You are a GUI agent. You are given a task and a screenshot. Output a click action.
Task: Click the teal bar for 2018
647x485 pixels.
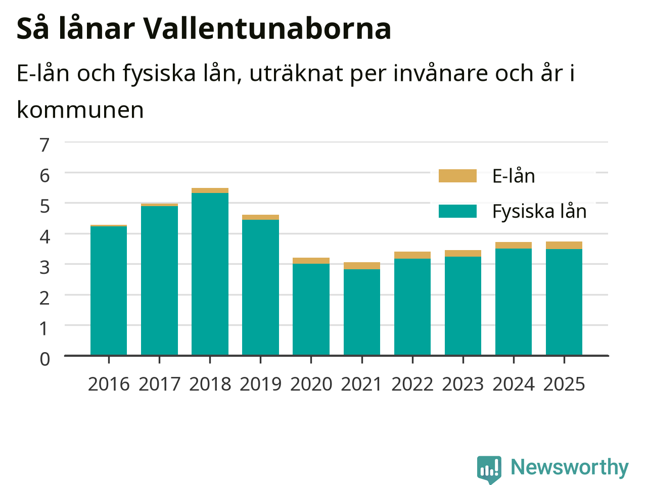[210, 274]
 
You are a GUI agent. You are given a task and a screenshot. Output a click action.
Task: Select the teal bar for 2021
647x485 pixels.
[362, 312]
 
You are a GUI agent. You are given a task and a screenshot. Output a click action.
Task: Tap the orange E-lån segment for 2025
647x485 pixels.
[564, 246]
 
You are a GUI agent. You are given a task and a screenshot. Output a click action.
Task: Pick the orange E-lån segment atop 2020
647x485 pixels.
[311, 261]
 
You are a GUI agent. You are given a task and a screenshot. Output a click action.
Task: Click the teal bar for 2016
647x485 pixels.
[109, 290]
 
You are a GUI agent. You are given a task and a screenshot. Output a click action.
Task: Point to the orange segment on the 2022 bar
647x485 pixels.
[412, 255]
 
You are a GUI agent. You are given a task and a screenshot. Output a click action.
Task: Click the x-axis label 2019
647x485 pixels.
[260, 384]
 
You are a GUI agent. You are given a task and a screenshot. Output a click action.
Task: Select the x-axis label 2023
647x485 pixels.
[463, 384]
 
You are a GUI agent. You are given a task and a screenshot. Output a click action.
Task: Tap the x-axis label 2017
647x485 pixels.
[159, 384]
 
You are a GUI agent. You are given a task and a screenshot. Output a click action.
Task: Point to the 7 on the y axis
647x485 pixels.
[44, 145]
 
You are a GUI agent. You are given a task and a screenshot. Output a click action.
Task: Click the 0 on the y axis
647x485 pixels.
[45, 359]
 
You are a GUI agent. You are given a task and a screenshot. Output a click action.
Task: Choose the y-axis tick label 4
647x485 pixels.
[44, 236]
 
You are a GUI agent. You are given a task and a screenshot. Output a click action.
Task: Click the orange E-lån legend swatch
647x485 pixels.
[457, 176]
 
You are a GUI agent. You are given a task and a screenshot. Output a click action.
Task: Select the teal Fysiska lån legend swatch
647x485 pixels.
[457, 211]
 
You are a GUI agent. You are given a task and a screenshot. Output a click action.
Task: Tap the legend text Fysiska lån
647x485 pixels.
[539, 212]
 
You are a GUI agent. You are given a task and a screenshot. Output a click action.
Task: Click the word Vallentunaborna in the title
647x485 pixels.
[267, 29]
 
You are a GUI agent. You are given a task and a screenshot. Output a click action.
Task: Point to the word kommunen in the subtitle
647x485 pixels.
[80, 110]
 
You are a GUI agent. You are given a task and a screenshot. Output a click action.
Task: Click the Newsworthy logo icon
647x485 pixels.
[489, 469]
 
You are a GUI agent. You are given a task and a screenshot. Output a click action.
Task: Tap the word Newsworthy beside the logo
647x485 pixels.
[570, 467]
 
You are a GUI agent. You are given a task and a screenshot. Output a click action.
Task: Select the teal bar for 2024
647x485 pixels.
[514, 302]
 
